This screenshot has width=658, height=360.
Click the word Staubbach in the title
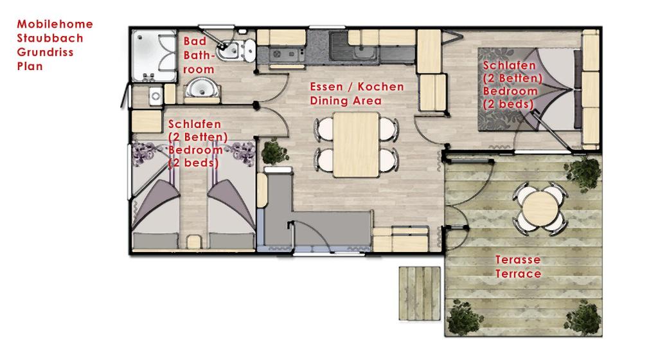(x=50, y=38)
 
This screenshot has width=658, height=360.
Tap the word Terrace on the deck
(x=519, y=274)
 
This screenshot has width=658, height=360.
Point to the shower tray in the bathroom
(x=154, y=56)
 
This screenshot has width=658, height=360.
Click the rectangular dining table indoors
(x=356, y=145)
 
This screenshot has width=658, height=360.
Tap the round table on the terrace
(x=540, y=207)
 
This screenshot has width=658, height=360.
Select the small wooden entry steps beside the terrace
(x=420, y=293)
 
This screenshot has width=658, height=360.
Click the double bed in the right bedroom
(x=530, y=89)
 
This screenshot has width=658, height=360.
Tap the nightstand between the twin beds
(x=194, y=242)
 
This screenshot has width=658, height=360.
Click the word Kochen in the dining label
(x=380, y=87)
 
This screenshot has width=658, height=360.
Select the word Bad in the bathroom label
(x=195, y=41)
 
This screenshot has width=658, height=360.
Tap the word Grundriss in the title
(x=46, y=53)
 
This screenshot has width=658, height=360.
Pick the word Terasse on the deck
(x=518, y=260)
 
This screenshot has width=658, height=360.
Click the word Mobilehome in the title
(x=55, y=24)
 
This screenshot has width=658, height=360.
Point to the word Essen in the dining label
(x=326, y=87)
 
